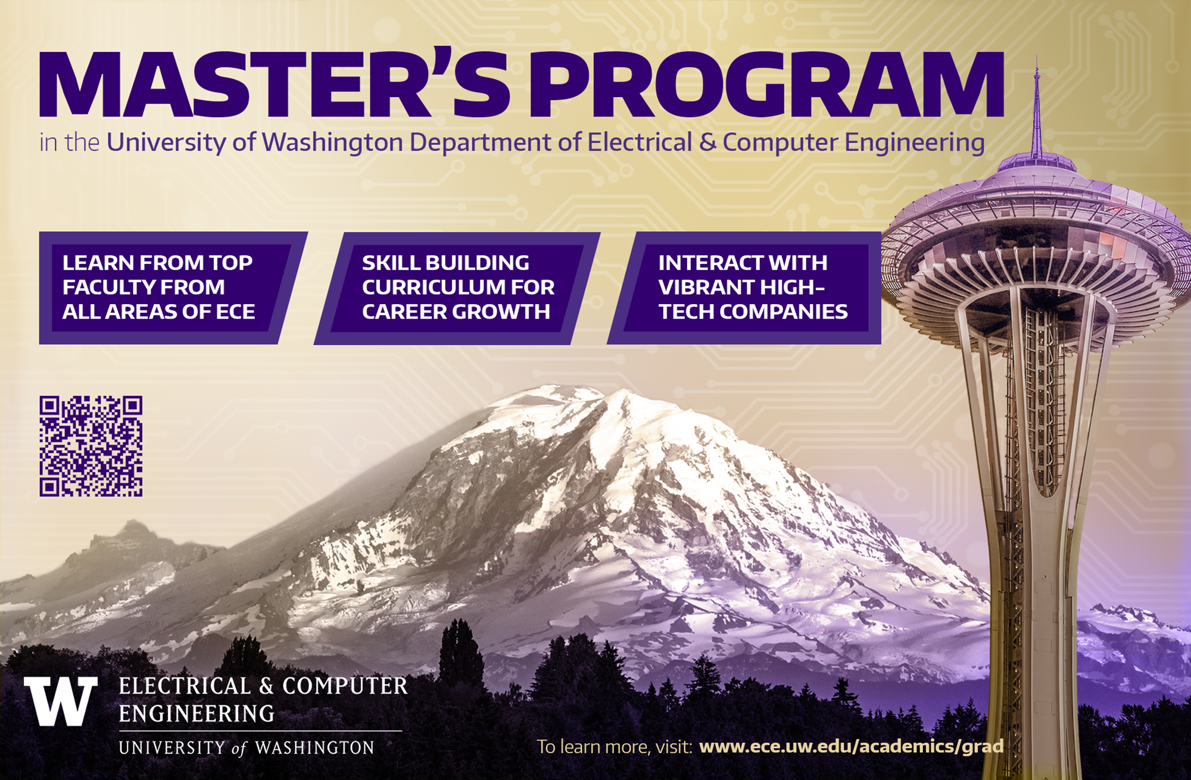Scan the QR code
pyautogui.click(x=91, y=446)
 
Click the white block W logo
pyautogui.click(x=61, y=701)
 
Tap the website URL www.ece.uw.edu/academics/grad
pyautogui.click(x=851, y=746)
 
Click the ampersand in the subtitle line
pyautogui.click(x=707, y=142)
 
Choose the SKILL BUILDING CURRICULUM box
pyautogui.click(x=457, y=288)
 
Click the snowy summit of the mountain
pyautogui.click(x=619, y=395)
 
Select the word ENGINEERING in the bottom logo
pyautogui.click(x=197, y=713)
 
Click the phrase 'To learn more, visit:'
pyautogui.click(x=614, y=747)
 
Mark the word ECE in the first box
pyautogui.click(x=235, y=312)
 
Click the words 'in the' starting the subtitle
pyautogui.click(x=69, y=143)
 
